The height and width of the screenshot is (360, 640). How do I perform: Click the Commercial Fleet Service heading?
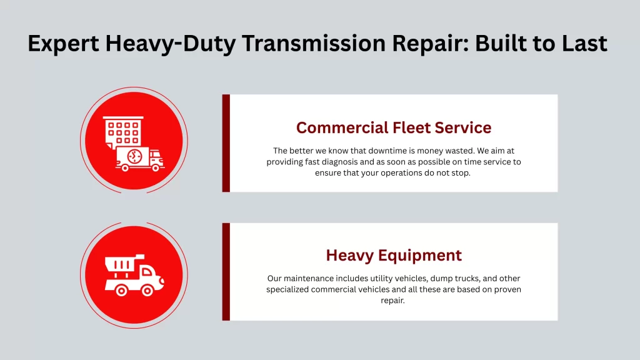click(394, 127)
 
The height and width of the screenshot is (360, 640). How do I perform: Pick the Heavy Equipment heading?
click(394, 255)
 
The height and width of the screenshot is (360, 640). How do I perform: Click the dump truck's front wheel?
click(148, 289)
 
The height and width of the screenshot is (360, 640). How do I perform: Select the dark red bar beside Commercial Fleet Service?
click(226, 143)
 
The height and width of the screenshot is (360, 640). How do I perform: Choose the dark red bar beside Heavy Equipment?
click(226, 271)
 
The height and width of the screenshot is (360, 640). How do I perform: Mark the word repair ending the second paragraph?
click(393, 301)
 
